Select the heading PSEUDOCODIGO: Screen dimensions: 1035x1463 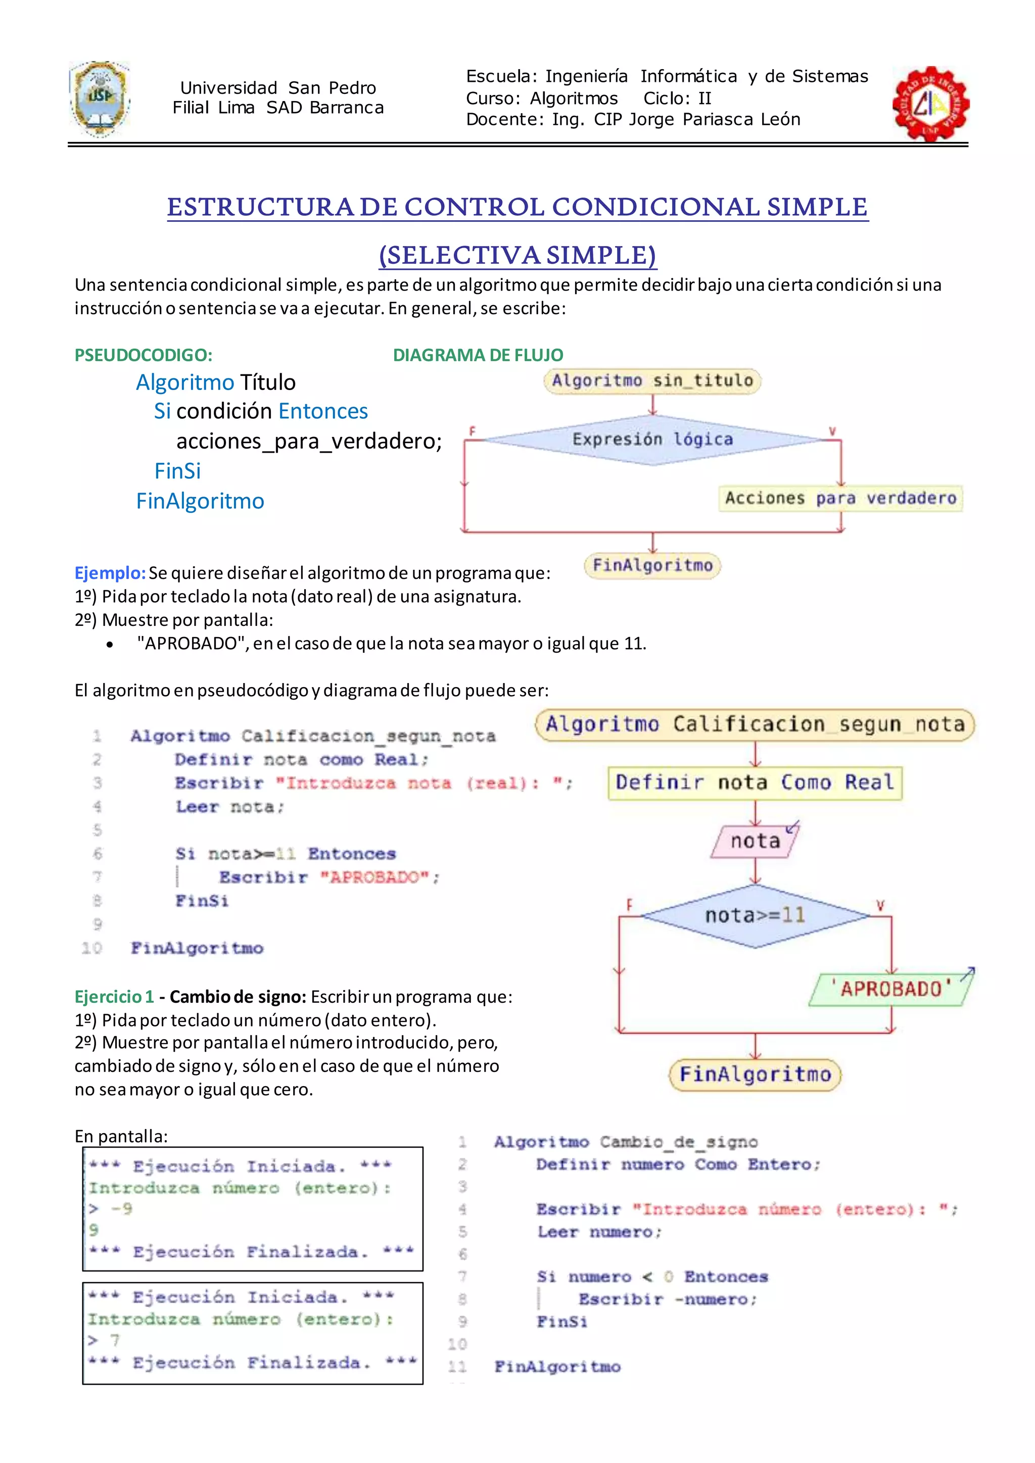tap(144, 355)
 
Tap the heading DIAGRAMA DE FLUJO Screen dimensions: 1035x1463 tap(478, 355)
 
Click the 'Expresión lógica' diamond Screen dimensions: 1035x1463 tap(652, 440)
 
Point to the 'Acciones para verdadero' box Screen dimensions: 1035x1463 tap(840, 498)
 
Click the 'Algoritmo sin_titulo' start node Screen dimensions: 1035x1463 tap(652, 381)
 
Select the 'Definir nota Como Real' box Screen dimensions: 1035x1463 tap(755, 783)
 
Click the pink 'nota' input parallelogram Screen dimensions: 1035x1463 tap(755, 841)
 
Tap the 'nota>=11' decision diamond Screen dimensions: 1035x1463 tap(755, 916)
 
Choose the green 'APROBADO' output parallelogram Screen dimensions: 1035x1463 tap(890, 989)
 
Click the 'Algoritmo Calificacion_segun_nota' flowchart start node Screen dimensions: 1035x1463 tap(755, 724)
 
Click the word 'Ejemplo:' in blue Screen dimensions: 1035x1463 tap(110, 573)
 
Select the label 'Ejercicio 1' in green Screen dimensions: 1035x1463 tap(114, 997)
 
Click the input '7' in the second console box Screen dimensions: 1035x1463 tap(115, 1341)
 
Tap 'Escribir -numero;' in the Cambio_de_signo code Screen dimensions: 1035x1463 tap(667, 1299)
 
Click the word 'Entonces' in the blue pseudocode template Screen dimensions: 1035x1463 tap(323, 412)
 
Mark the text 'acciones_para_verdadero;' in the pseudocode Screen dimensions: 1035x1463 tap(309, 441)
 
